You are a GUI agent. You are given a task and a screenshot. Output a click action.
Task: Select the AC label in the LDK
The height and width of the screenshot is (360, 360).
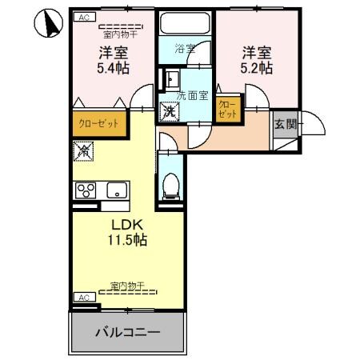click(82, 297)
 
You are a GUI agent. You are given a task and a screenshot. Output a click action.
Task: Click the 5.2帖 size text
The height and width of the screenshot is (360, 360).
click(256, 69)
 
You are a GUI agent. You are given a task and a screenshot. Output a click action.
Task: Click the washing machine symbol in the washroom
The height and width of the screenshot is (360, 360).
click(170, 111)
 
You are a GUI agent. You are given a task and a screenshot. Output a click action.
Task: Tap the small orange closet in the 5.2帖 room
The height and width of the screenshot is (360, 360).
click(226, 110)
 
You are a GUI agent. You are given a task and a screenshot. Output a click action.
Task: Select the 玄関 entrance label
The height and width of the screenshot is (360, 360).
click(286, 124)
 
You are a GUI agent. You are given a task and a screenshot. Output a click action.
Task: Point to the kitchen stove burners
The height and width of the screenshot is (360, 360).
click(86, 190)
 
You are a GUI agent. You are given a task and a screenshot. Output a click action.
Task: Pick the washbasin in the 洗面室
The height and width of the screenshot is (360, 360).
click(170, 78)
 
